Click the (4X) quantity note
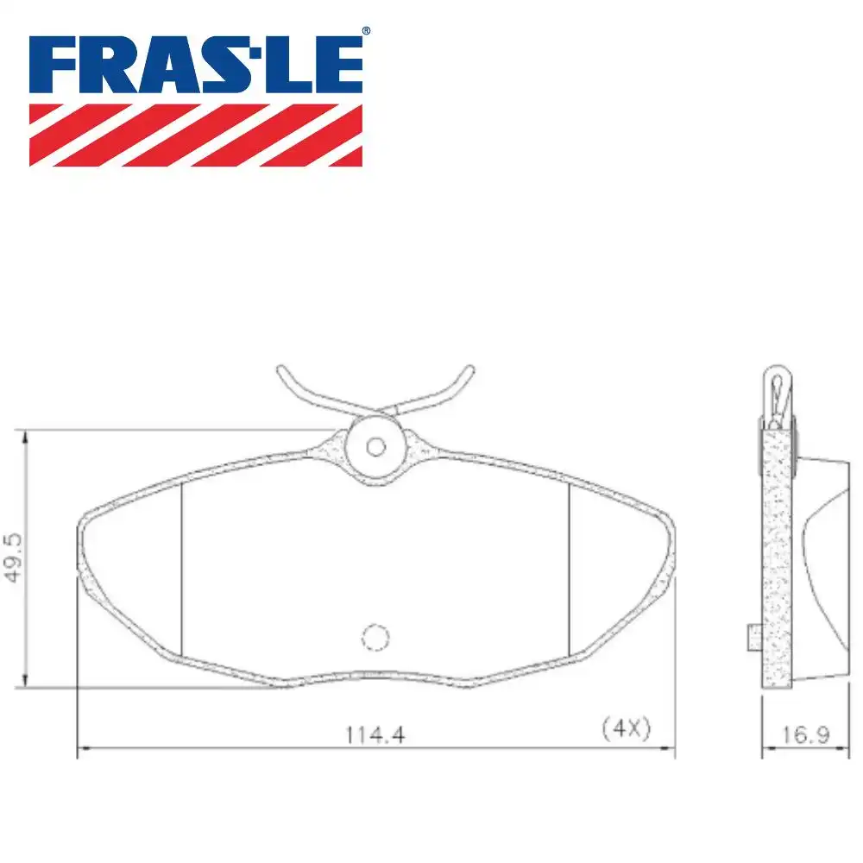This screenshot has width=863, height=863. pos(625,728)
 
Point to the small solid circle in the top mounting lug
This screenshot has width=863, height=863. pos(375,446)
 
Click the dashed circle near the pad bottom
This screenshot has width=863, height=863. pos(375,637)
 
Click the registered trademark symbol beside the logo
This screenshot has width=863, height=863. pos(365,31)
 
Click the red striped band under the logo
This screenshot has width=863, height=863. pos(196,135)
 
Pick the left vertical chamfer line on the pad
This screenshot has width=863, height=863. pos(182,570)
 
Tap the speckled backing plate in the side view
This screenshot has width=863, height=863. pos(777,561)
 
